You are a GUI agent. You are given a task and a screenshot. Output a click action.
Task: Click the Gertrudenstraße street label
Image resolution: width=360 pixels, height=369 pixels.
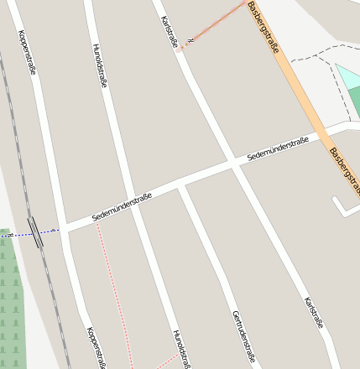click(x=243, y=335)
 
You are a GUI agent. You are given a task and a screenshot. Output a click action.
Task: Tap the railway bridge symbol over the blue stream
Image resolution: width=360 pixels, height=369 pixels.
click(x=35, y=231)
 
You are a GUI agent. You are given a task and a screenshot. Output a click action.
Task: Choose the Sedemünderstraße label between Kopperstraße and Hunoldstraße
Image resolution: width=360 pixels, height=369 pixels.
click(x=122, y=206)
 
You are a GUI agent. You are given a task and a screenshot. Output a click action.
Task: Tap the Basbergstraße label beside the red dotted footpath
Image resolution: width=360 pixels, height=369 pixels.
click(x=263, y=27)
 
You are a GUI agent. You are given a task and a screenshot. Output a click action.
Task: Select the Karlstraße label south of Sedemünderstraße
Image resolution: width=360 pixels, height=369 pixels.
click(x=315, y=312)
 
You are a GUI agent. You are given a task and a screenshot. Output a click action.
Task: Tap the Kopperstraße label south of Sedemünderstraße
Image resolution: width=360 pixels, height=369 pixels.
click(x=96, y=346)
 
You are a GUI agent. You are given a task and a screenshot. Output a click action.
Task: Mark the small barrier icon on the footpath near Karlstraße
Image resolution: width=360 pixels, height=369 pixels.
click(x=191, y=39)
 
